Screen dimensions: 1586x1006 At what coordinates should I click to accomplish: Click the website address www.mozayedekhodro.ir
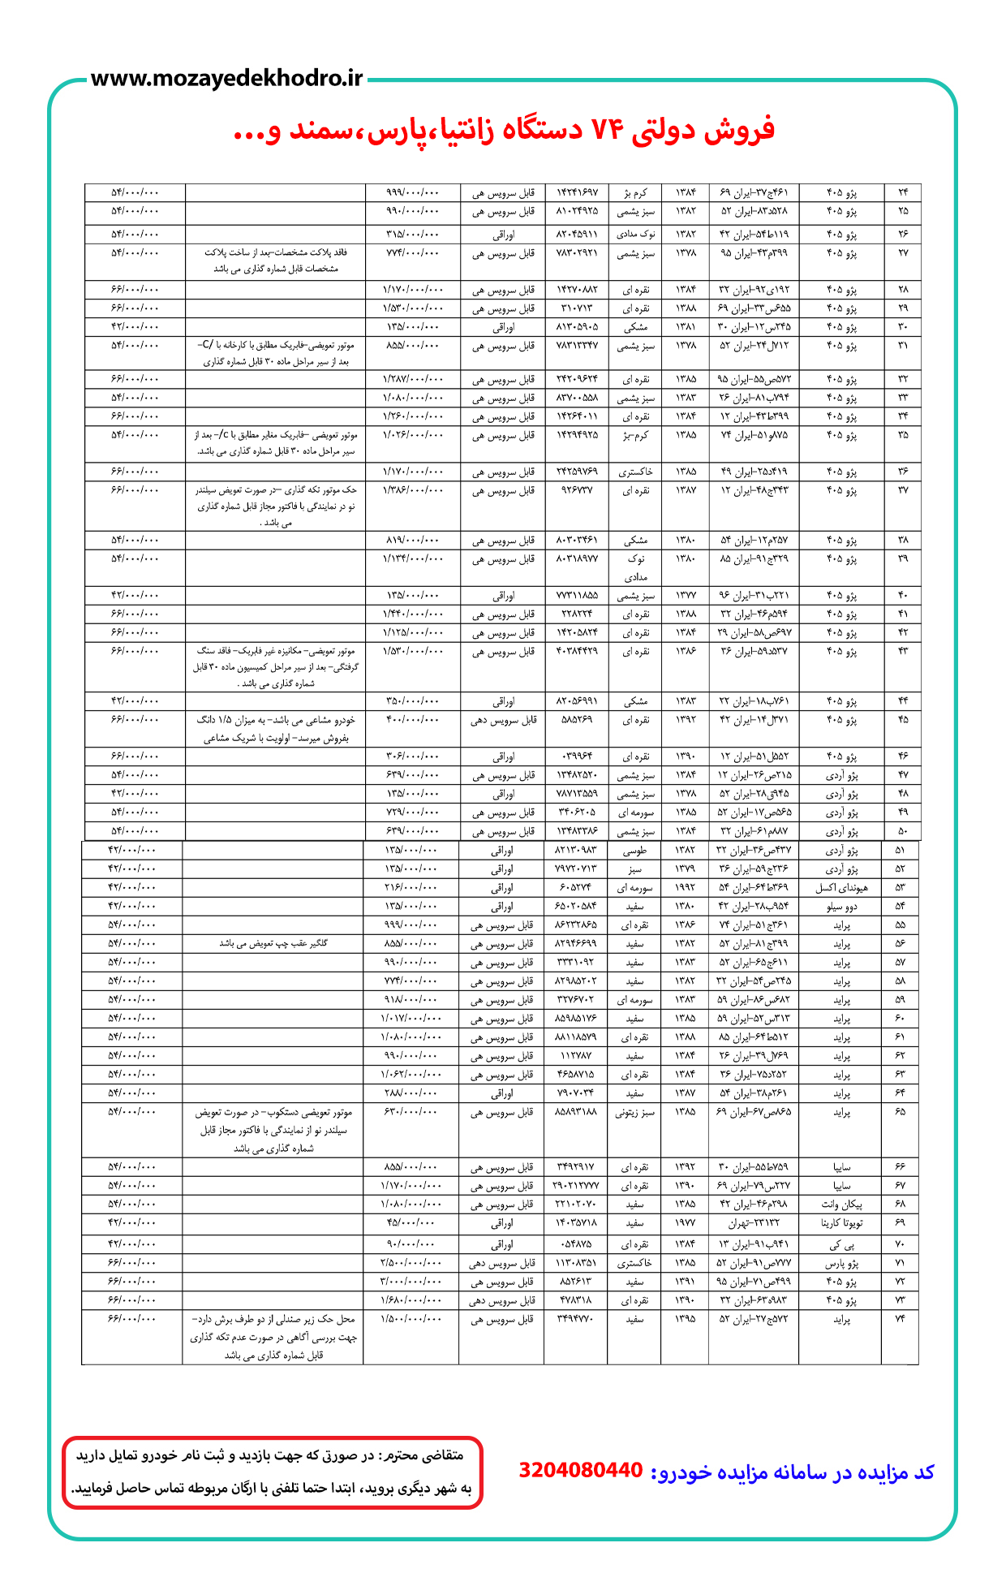tap(227, 79)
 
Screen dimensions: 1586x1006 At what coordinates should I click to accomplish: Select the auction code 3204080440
tap(580, 1471)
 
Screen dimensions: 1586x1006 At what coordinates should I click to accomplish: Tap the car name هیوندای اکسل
tap(840, 888)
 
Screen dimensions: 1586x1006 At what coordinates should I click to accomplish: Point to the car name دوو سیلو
tap(840, 907)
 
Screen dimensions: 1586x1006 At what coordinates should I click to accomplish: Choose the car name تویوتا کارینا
tap(840, 1223)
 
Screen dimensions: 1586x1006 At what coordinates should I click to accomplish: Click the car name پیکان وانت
tap(840, 1205)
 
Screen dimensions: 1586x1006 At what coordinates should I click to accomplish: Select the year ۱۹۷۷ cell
tap(685, 1223)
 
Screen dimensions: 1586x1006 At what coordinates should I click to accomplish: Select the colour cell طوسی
tap(634, 851)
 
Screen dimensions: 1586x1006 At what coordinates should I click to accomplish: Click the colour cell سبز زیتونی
tap(634, 1112)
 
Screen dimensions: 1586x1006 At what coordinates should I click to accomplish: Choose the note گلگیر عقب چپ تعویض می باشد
tap(273, 944)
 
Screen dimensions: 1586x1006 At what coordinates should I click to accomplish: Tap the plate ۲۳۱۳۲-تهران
tap(753, 1223)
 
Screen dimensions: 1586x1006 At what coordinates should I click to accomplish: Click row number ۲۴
tap(903, 192)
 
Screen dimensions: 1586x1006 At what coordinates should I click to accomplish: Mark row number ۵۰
tap(903, 831)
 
